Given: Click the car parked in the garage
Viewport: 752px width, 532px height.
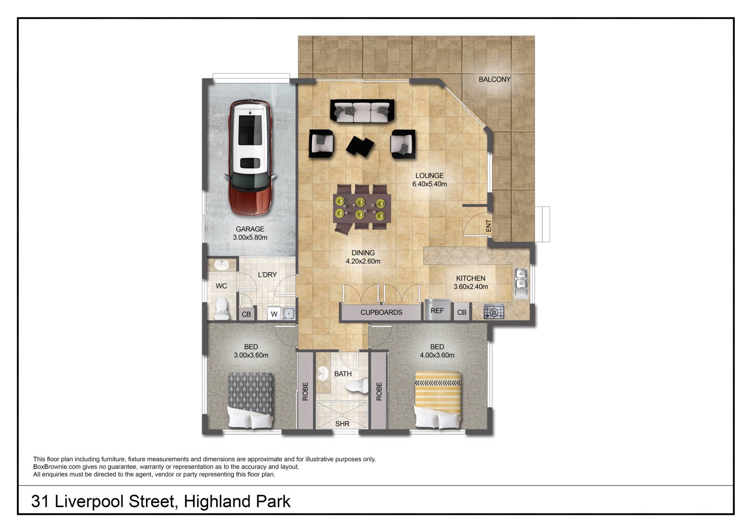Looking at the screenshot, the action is pos(250,157).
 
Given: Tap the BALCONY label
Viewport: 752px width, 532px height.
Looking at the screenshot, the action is pos(495,80).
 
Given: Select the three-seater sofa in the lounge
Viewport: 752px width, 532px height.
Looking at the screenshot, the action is pos(362,111).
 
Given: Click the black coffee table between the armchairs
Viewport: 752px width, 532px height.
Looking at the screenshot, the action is pos(360,146).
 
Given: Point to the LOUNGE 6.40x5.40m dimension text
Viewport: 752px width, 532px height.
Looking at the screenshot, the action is pos(430,184).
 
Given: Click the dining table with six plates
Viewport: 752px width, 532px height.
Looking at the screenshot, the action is pos(362,208).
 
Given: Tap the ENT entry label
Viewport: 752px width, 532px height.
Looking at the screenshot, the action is pos(488,225).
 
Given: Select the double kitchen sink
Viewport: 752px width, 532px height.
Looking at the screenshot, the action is pos(521,283).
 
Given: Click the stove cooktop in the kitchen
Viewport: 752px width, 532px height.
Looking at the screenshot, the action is pos(494,312).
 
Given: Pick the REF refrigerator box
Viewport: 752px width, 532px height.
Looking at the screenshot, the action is pos(437,310).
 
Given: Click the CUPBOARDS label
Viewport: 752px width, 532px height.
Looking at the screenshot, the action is pos(381,313).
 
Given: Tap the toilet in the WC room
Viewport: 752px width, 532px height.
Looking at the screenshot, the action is pos(222,308).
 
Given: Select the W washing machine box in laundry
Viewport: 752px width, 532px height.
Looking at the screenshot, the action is pos(274,314).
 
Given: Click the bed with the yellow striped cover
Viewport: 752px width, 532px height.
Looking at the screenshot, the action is pos(438,400).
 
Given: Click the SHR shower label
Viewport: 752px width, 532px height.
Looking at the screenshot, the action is pos(342,424).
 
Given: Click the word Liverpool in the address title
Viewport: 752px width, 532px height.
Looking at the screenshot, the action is pos(90,502).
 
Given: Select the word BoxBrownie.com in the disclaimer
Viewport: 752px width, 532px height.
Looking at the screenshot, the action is pos(57,467).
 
